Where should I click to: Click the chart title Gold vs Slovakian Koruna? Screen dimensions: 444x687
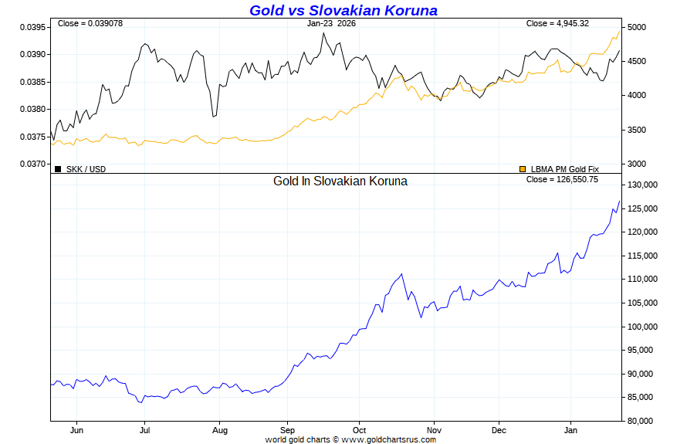pos(343,10)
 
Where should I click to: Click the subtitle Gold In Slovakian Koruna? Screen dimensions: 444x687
pos(340,181)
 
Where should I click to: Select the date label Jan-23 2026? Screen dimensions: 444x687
pos(331,23)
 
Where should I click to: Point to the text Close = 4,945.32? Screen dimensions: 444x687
pos(558,23)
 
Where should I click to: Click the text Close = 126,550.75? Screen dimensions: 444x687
pos(562,179)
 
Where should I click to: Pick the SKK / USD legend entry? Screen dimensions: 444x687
pos(86,169)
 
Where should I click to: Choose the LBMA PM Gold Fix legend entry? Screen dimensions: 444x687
pos(564,169)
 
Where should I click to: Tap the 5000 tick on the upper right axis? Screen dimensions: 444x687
pos(636,27)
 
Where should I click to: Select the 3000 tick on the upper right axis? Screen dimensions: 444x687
pos(636,164)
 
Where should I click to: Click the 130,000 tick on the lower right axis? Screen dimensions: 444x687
pos(641,185)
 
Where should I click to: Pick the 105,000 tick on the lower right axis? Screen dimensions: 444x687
pos(641,303)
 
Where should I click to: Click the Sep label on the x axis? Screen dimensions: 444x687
pos(288,430)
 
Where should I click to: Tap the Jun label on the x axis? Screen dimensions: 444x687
pos(76,430)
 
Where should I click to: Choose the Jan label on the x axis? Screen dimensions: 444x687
pos(571,430)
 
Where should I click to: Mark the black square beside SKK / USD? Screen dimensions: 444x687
pos(58,169)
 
